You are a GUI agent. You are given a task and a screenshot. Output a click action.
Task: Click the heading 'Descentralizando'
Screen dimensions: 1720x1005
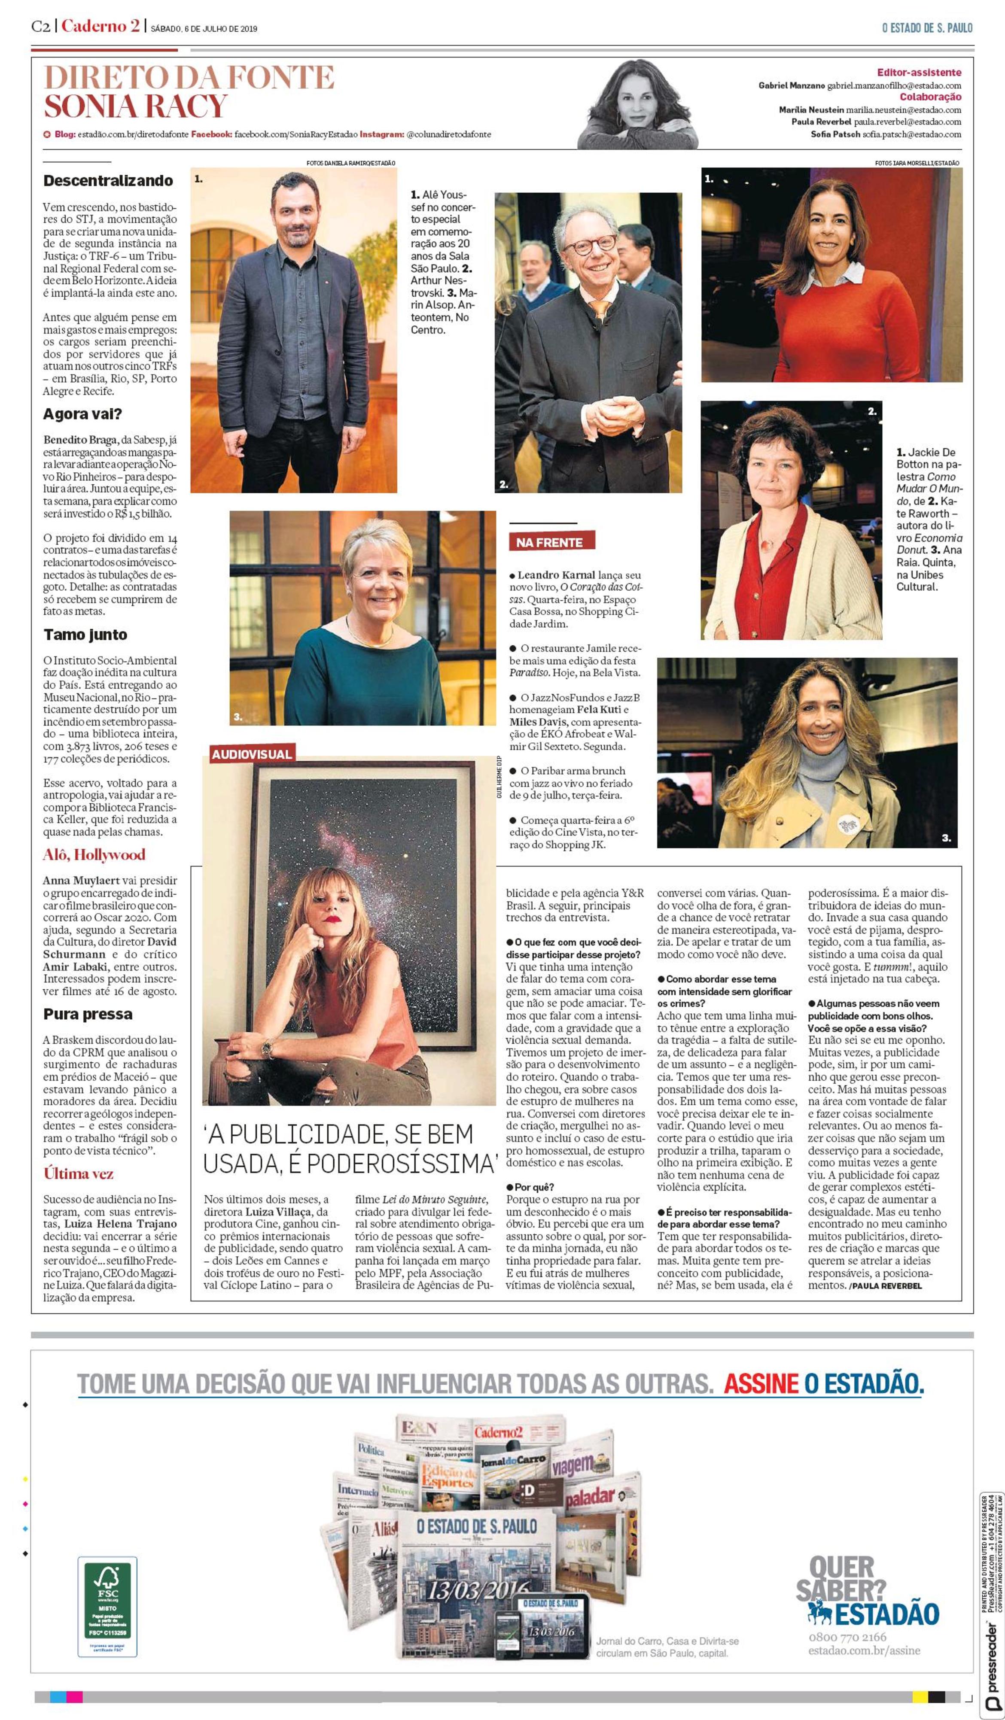pos(108,181)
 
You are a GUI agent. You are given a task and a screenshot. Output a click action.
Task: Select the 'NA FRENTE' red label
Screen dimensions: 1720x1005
pos(550,543)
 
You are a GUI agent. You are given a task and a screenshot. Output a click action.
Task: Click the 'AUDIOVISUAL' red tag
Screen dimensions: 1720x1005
pos(251,754)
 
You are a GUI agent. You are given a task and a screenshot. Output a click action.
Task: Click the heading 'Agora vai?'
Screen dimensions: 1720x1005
pos(82,414)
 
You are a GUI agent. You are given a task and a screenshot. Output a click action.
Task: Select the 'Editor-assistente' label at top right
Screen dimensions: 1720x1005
pos(919,73)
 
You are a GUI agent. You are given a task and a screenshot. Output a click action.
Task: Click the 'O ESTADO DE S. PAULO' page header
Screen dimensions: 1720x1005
pos(926,28)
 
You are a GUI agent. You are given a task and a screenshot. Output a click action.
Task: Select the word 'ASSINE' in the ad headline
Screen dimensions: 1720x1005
pos(761,1384)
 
